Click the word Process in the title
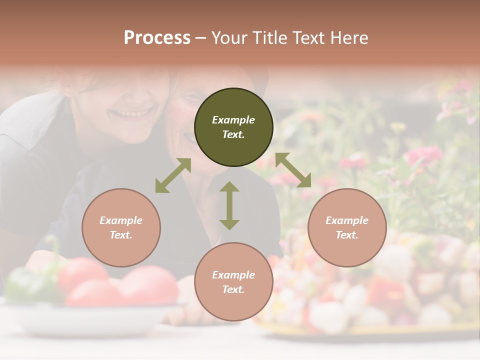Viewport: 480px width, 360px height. (157, 38)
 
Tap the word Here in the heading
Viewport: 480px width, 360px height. (348, 38)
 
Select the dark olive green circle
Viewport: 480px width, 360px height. (233, 127)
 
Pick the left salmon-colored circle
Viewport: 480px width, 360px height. (121, 227)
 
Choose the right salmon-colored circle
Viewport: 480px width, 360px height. (347, 227)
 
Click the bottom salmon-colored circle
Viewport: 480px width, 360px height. (233, 281)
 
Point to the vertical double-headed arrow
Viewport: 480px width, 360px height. (229, 205)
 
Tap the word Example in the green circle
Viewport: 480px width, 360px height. (233, 120)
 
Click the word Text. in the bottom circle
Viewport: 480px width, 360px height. (233, 289)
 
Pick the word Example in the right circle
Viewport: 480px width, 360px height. (347, 220)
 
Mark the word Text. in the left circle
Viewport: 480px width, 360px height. (121, 235)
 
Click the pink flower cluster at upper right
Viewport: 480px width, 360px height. (423, 155)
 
